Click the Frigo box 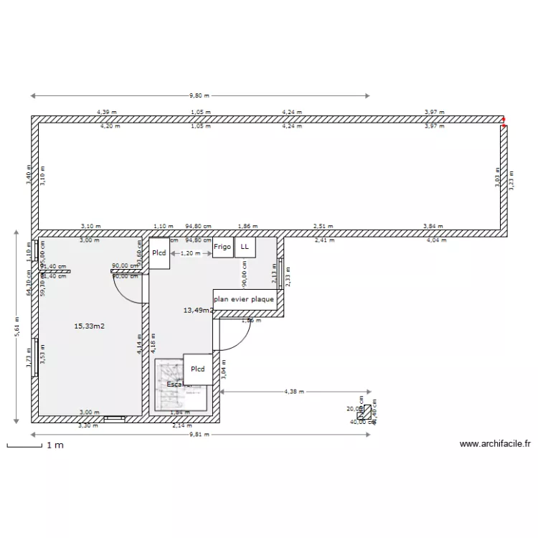click(222, 247)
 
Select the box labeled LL click(245, 247)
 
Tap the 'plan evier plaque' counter click(245, 300)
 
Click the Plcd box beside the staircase click(197, 369)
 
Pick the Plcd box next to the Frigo click(159, 253)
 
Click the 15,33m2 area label click(90, 326)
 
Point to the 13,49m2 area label click(198, 311)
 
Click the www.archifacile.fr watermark click(495, 445)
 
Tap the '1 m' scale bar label click(55, 446)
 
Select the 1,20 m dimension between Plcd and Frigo click(190, 253)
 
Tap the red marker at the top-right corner click(504, 122)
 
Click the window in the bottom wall click(113, 417)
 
